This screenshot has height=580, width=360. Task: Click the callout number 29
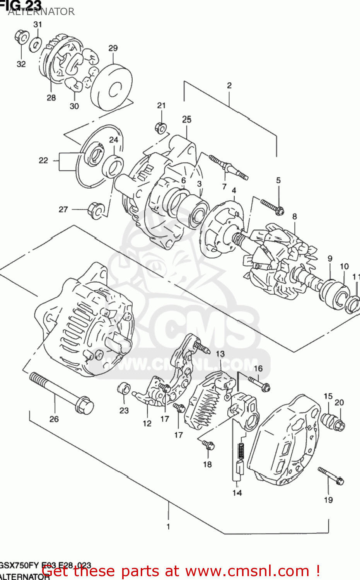tap(113, 48)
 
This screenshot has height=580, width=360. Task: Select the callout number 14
tap(237, 493)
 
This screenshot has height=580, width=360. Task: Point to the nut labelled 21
tap(161, 127)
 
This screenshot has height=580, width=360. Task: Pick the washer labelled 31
tap(36, 44)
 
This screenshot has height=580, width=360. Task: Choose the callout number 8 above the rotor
tap(295, 217)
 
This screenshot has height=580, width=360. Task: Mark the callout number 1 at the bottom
tap(168, 526)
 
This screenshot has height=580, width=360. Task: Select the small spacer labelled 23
tap(124, 388)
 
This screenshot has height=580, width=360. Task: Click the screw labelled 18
tap(208, 445)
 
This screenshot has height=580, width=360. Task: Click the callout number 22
tap(43, 160)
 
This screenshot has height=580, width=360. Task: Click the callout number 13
tap(220, 354)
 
